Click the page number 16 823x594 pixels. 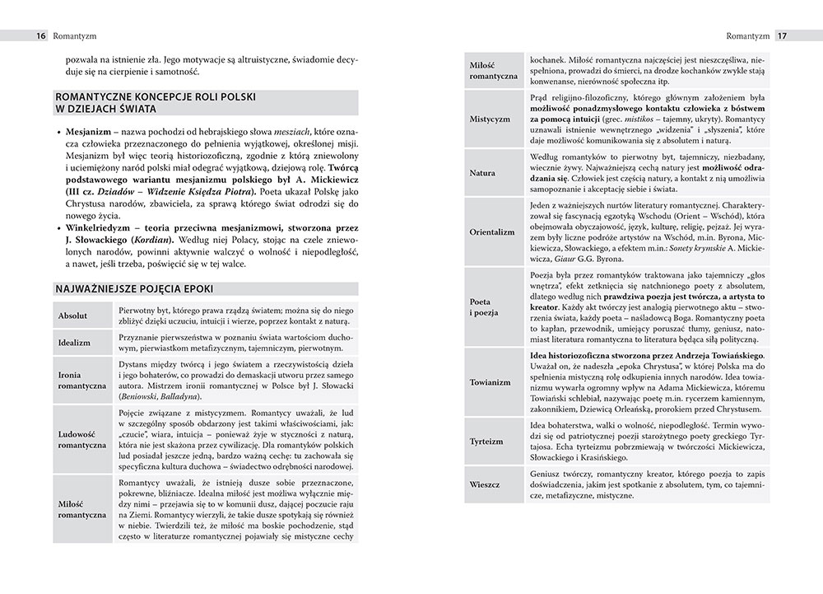(40, 36)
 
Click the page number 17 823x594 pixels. (783, 36)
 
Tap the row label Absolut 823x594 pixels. (74, 316)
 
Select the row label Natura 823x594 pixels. (482, 173)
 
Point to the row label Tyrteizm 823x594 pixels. (486, 442)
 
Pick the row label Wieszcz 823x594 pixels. (485, 484)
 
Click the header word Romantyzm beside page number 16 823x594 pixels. (75, 36)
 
